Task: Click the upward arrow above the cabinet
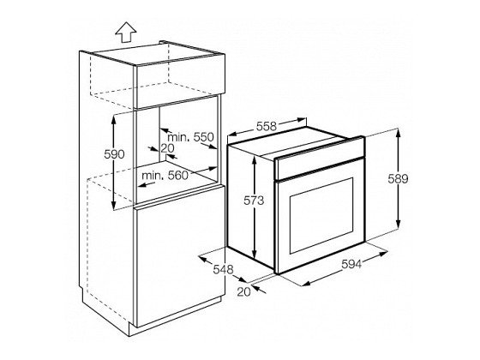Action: [x=126, y=32]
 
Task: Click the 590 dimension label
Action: [x=114, y=154]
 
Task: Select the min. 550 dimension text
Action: [x=190, y=137]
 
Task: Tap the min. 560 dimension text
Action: [x=165, y=176]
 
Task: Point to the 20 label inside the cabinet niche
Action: [x=167, y=148]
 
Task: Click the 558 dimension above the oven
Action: [x=267, y=126]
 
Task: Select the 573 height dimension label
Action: [x=254, y=201]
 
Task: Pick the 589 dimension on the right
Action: [x=398, y=179]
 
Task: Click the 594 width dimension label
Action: [x=351, y=264]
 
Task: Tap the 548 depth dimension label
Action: [x=223, y=269]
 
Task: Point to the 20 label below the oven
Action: [x=243, y=291]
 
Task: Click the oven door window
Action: [x=321, y=215]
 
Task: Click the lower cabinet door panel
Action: [x=180, y=257]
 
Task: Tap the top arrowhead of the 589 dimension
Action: [x=398, y=134]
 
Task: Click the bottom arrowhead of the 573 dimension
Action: [x=254, y=254]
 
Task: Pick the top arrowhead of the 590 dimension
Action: [x=113, y=120]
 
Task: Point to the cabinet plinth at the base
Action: [x=175, y=316]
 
